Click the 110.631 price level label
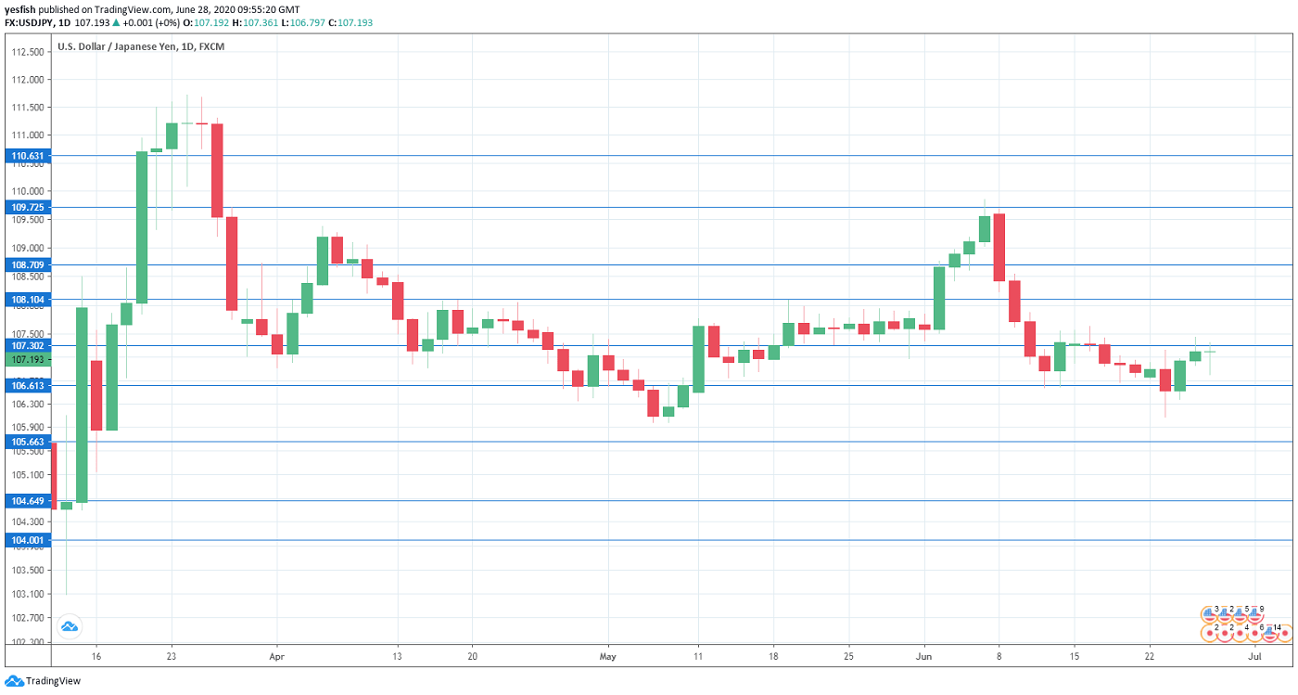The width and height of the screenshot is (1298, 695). pyautogui.click(x=27, y=156)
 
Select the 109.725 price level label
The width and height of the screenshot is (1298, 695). pyautogui.click(x=27, y=207)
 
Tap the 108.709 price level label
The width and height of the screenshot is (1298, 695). pyautogui.click(x=27, y=264)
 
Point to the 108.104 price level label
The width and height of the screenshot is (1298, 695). pyautogui.click(x=27, y=300)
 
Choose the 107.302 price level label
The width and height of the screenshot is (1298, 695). pyautogui.click(x=27, y=345)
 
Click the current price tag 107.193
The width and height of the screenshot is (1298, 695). pyautogui.click(x=27, y=359)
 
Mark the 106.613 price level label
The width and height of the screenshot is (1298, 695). pyautogui.click(x=27, y=385)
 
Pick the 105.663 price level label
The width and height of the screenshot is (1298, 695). pyautogui.click(x=27, y=442)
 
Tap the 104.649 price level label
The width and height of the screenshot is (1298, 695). pyautogui.click(x=27, y=501)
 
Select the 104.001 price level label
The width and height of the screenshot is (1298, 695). pyautogui.click(x=27, y=540)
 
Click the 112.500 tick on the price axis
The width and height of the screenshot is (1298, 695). pyautogui.click(x=28, y=52)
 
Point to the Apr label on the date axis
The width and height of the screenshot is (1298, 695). pyautogui.click(x=276, y=656)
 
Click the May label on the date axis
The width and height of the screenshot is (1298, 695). pyautogui.click(x=608, y=656)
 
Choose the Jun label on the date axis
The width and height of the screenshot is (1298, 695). pyautogui.click(x=924, y=656)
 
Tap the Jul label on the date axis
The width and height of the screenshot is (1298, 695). pyautogui.click(x=1254, y=656)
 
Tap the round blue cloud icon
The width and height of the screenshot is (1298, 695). pyautogui.click(x=69, y=626)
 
